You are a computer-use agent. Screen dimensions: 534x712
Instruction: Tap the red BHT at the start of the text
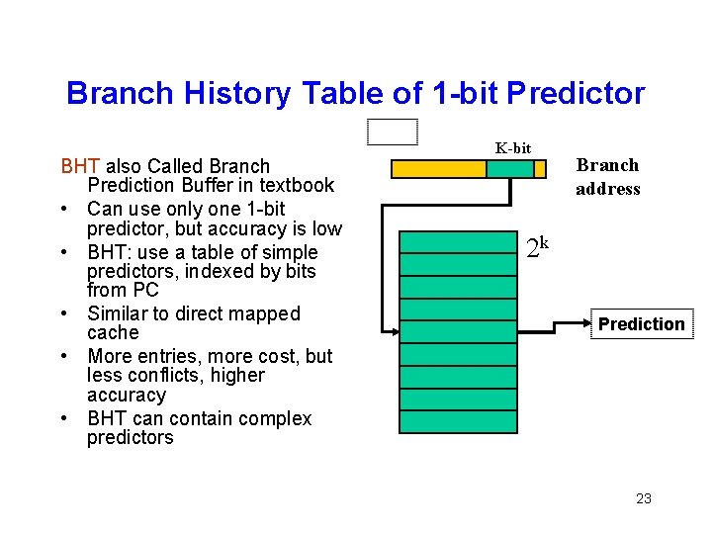point(81,166)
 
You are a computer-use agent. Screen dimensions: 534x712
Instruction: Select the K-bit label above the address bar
point(513,148)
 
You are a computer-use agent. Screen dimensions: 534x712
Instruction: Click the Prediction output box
point(641,324)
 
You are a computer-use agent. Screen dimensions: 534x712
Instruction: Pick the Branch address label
point(607,177)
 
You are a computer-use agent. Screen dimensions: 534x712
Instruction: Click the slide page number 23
point(643,498)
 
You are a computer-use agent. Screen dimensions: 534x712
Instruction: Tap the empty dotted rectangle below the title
point(392,132)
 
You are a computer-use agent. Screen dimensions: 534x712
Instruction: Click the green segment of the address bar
point(510,169)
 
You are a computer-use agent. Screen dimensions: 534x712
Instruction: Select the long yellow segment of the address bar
point(438,169)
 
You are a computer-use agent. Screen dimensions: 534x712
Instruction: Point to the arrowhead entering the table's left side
point(394,330)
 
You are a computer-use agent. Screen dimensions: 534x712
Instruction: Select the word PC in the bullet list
point(144,291)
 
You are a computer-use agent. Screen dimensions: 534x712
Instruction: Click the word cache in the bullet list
point(113,333)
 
